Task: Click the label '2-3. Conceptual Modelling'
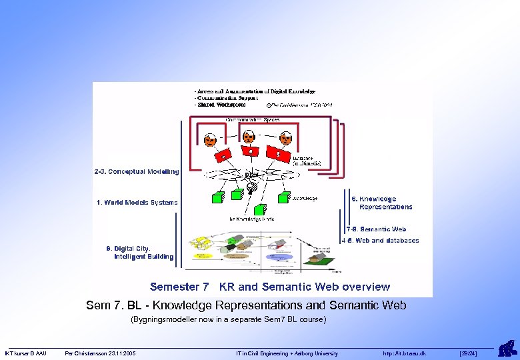pyautogui.click(x=137, y=172)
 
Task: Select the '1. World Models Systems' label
pyautogui.click(x=137, y=203)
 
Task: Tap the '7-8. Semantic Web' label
pyautogui.click(x=376, y=229)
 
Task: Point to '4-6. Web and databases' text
pyautogui.click(x=380, y=241)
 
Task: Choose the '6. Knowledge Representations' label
pyautogui.click(x=382, y=203)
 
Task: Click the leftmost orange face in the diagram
pyautogui.click(x=210, y=140)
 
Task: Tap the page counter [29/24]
pyautogui.click(x=469, y=353)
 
